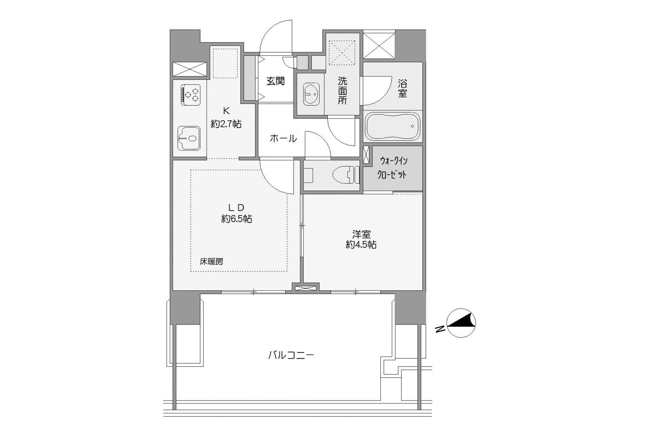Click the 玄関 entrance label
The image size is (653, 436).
pyautogui.click(x=275, y=81)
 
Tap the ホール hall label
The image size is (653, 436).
pyautogui.click(x=283, y=138)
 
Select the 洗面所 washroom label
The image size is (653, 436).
pyautogui.click(x=342, y=91)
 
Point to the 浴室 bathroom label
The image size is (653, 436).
pyautogui.click(x=402, y=89)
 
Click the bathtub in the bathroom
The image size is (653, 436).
pyautogui.click(x=393, y=126)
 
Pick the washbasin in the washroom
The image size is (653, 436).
pyautogui.click(x=311, y=94)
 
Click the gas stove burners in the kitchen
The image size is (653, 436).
pyautogui.click(x=191, y=94)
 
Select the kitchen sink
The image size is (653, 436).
pyautogui.click(x=189, y=138)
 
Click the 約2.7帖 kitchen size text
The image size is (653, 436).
pyautogui.click(x=226, y=124)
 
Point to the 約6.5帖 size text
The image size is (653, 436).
pyautogui.click(x=237, y=219)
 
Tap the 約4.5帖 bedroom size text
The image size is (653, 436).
pyautogui.click(x=361, y=244)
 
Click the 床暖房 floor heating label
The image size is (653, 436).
pyautogui.click(x=212, y=262)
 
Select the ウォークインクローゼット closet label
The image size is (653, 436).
pyautogui.click(x=393, y=168)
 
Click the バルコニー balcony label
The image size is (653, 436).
pyautogui.click(x=291, y=355)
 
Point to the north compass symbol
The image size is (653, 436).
pyautogui.click(x=461, y=323)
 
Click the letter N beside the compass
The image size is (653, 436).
pyautogui.click(x=440, y=329)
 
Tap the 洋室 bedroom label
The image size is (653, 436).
pyautogui.click(x=361, y=234)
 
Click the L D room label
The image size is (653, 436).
pyautogui.click(x=236, y=207)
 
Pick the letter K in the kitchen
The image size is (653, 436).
pyautogui.click(x=226, y=111)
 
